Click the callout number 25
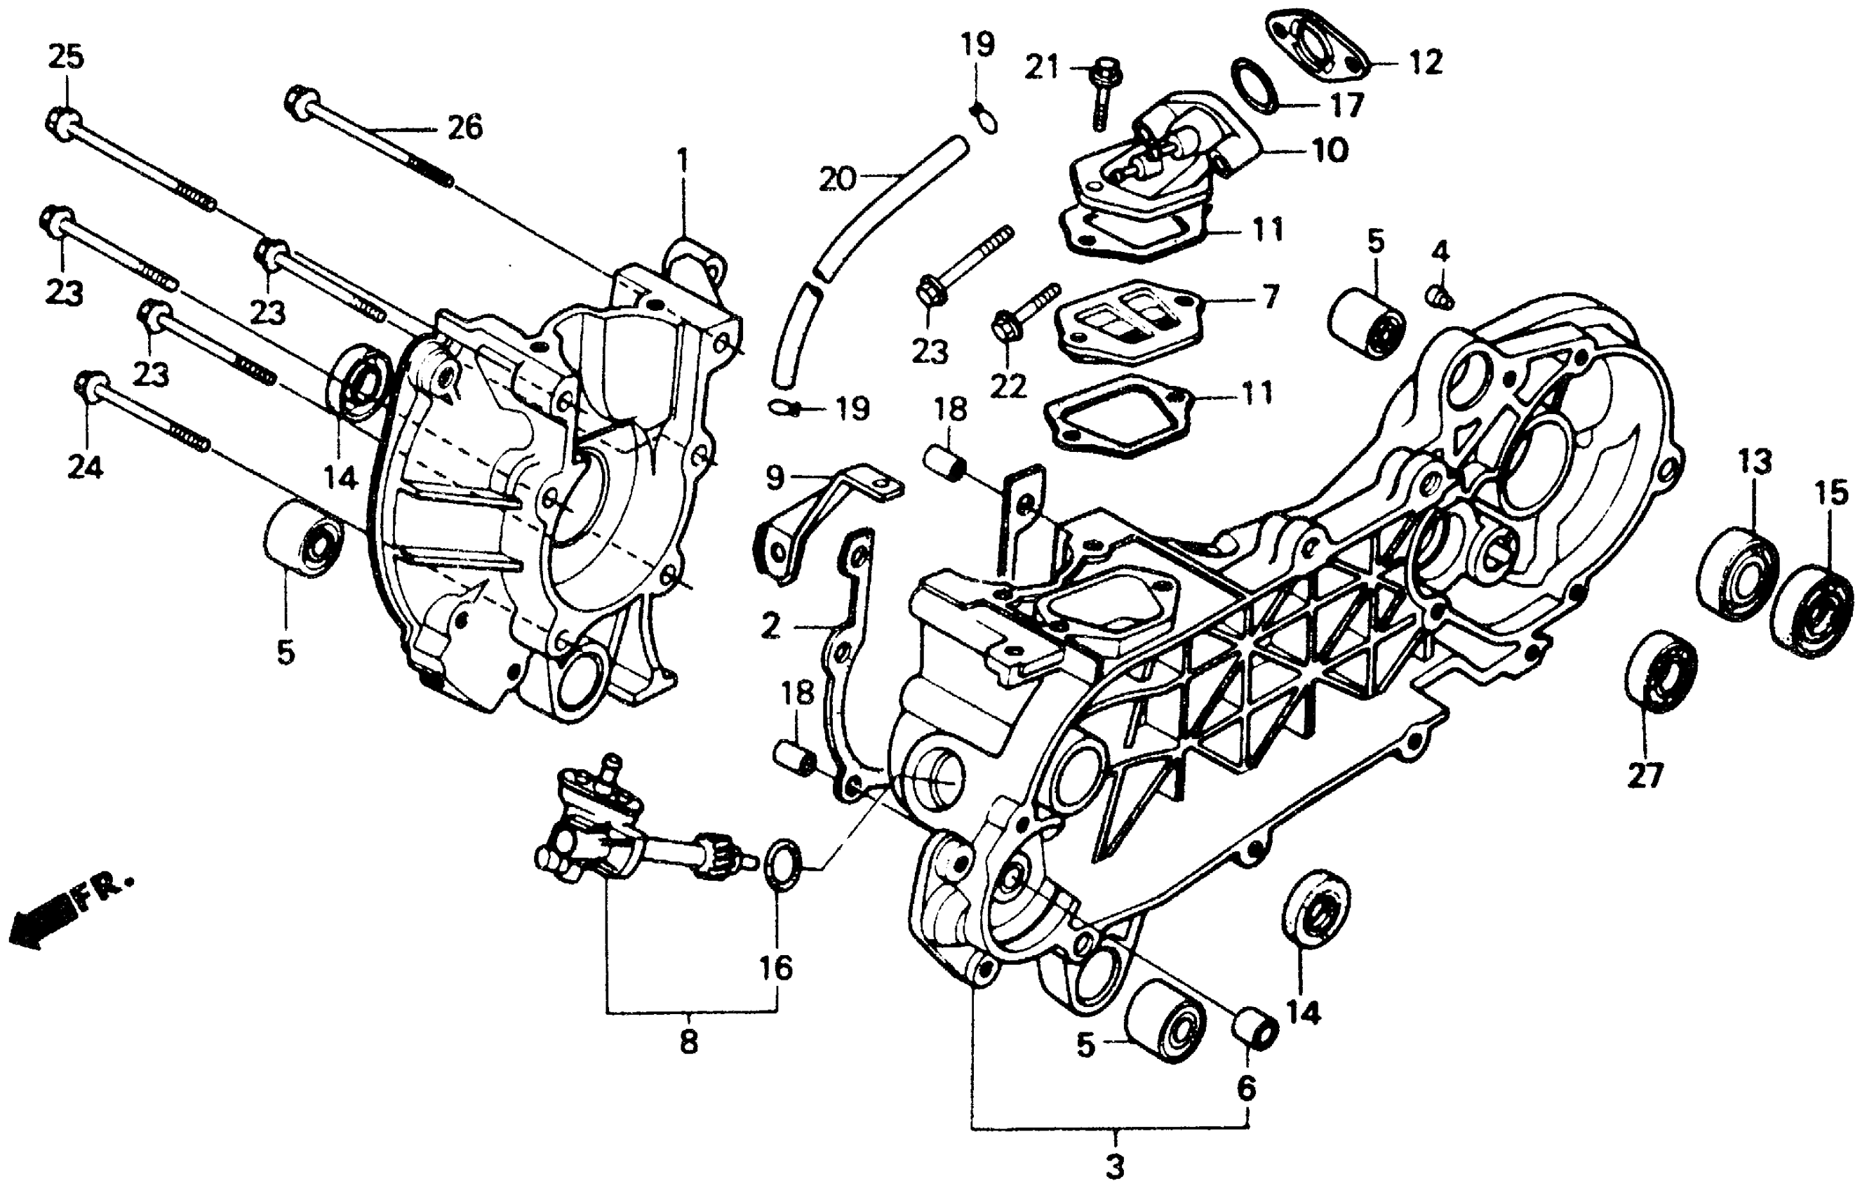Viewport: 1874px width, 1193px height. tap(66, 57)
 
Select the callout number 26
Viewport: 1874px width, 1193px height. tap(464, 127)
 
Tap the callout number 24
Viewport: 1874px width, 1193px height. tap(86, 467)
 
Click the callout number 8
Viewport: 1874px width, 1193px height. tap(689, 1041)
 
